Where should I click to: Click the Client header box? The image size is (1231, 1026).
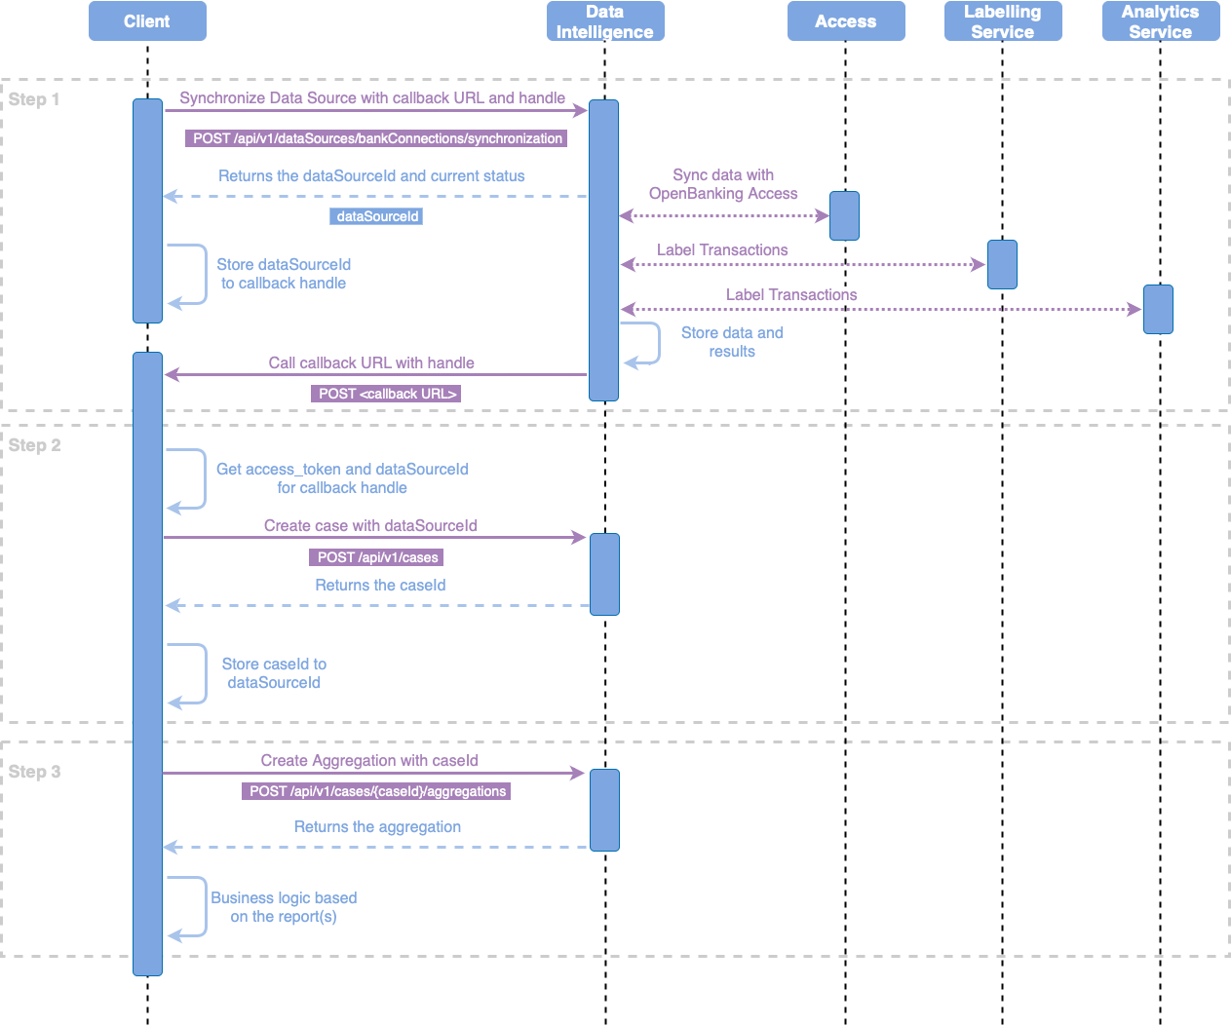coord(147,21)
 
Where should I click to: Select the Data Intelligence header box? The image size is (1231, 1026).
coord(605,21)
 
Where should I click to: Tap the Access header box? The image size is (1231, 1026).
coord(846,21)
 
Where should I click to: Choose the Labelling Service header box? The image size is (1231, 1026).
coord(1003,21)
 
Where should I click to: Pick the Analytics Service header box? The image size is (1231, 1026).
coord(1161,21)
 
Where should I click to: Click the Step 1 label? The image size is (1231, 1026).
coord(34,99)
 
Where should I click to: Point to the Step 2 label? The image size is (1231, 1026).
coord(35,445)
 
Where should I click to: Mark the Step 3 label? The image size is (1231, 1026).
coord(35,772)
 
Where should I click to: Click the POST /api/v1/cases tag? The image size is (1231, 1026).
coord(377,557)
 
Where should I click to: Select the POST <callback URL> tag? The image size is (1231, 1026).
coord(387,394)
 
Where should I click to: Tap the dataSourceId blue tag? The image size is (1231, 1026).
coord(377,216)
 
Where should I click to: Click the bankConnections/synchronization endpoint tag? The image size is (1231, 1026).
coord(377,138)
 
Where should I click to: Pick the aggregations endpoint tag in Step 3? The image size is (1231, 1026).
coord(377,791)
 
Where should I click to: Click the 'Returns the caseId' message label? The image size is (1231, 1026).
coord(380,586)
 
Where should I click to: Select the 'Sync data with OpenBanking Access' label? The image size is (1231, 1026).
coord(723,184)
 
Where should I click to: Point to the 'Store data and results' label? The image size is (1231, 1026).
coord(732,342)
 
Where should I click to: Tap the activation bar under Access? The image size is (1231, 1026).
coord(844,215)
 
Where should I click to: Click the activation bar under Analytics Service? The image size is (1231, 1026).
coord(1158,309)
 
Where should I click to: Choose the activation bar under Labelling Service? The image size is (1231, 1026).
coord(1002,264)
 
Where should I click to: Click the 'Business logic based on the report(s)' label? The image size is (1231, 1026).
coord(284,907)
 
